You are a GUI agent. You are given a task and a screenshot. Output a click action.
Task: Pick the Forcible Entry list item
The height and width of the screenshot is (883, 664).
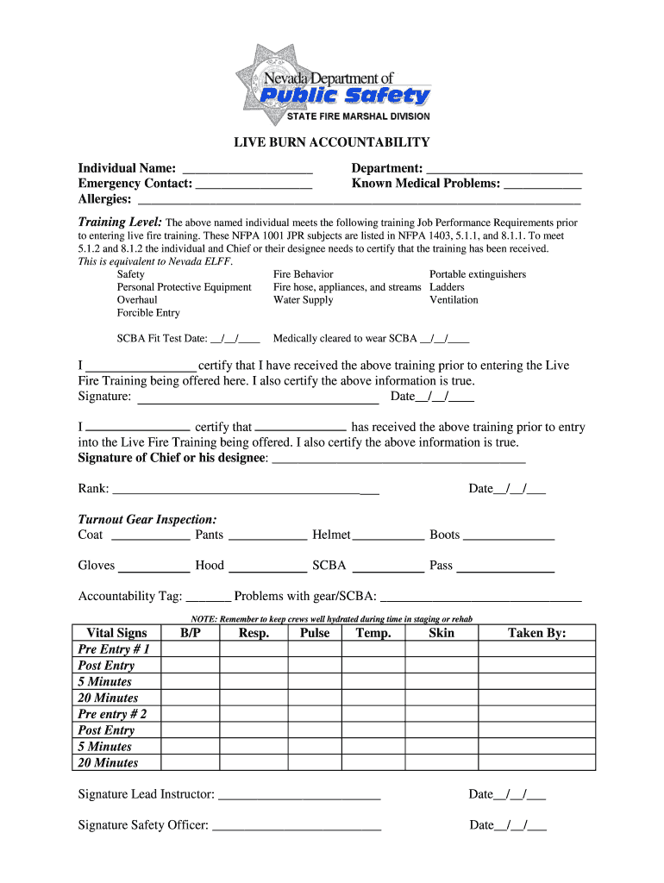[148, 313]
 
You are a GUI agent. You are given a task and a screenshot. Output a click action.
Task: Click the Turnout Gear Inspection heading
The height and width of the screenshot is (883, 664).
[147, 520]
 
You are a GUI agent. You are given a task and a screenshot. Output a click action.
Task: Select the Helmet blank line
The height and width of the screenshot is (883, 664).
[388, 535]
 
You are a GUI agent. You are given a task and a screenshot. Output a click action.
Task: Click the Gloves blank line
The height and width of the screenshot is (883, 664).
[153, 567]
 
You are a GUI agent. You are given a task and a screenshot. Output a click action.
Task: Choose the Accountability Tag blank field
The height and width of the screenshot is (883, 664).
[208, 597]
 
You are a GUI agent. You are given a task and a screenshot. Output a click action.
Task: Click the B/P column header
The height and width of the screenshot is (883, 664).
[191, 633]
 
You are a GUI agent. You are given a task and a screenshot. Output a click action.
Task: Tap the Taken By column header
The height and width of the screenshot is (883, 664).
[536, 633]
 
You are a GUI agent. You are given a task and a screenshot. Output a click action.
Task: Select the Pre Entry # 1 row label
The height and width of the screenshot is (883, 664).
[114, 649]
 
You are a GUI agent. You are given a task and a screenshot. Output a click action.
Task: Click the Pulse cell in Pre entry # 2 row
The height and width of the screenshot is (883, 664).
[315, 714]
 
